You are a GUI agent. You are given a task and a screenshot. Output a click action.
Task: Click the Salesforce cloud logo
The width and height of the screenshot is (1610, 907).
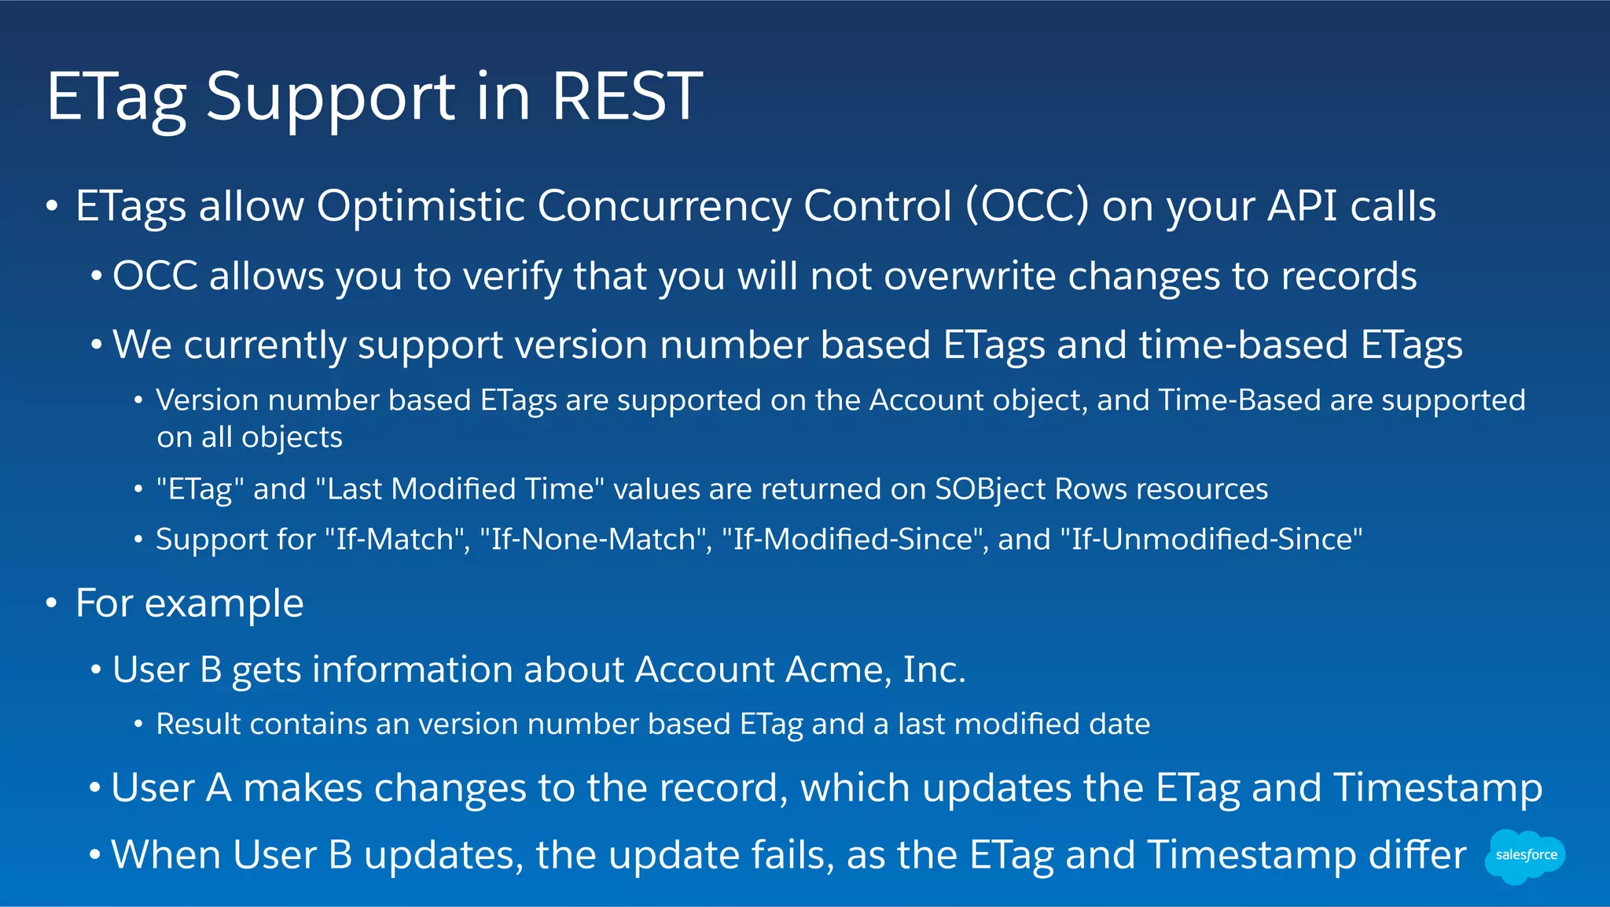pos(1524,855)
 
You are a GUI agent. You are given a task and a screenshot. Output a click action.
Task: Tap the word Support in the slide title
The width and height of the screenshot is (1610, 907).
pos(330,98)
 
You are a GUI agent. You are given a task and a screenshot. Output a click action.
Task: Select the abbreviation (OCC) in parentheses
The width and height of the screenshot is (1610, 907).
pos(1027,206)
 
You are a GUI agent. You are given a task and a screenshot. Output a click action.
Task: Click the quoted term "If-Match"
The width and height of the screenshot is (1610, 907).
pos(397,540)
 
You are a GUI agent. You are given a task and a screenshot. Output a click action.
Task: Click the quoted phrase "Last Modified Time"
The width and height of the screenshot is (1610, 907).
pos(460,489)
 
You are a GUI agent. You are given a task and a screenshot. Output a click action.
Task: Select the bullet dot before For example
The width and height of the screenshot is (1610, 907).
pos(52,603)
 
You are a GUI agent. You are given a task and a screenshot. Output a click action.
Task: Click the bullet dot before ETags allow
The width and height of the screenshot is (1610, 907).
pos(52,206)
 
